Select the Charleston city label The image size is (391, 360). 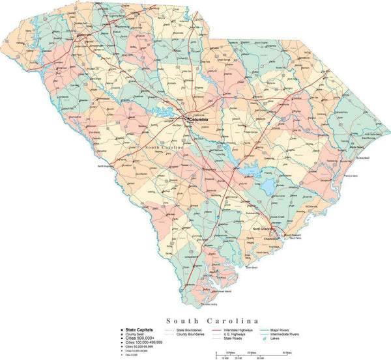[x=271, y=239]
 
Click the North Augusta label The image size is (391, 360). [x=106, y=167]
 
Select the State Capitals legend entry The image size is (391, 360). [x=139, y=330]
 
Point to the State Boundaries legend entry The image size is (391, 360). [x=190, y=330]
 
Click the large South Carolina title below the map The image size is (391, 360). [x=212, y=320]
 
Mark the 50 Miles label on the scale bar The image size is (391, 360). [x=286, y=352]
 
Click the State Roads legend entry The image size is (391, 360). [x=234, y=339]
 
